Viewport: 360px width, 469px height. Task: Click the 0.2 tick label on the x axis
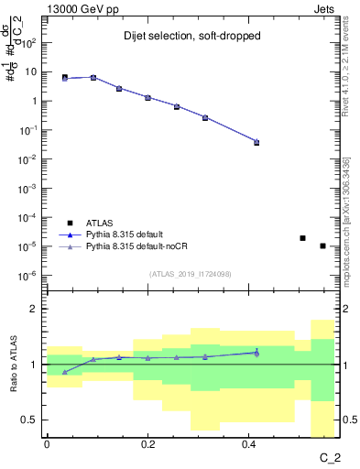147,444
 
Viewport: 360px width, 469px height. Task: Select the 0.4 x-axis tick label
248,444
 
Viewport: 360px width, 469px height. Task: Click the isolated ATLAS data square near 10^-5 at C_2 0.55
322,245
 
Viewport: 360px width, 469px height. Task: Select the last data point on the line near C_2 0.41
256,142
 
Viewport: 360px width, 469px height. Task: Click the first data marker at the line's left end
64,78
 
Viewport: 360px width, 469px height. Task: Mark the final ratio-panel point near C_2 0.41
256,352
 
